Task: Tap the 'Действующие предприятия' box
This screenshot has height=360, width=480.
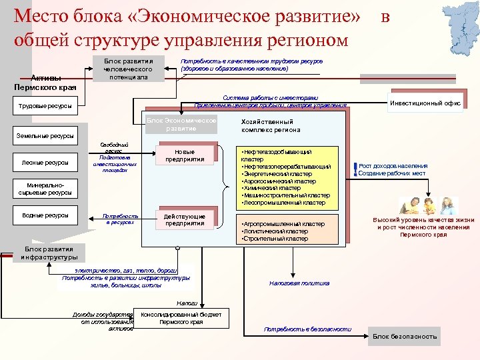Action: tap(185, 220)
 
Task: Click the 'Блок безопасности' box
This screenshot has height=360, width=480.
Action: tap(404, 337)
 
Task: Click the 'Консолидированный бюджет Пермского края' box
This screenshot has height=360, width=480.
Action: tap(181, 317)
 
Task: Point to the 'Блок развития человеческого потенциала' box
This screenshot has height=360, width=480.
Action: tap(128, 69)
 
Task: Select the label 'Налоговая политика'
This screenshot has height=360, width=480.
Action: tap(299, 283)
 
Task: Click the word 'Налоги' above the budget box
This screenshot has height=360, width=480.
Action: tap(177, 303)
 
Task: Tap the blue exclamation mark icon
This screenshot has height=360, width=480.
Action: tap(355, 170)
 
